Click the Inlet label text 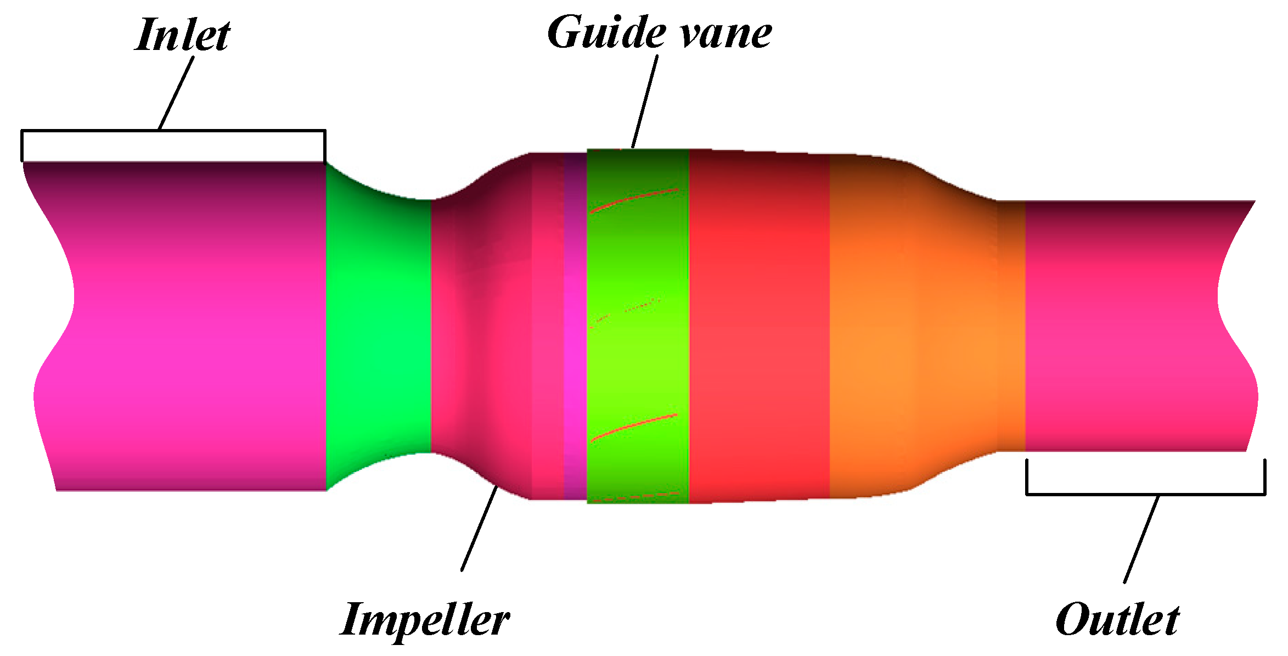click(182, 35)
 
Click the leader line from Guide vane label click(645, 102)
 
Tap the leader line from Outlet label click(1141, 538)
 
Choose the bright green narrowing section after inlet click(379, 324)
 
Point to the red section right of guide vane click(759, 324)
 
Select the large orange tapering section click(911, 324)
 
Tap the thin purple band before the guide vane click(575, 324)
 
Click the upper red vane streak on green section click(634, 200)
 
